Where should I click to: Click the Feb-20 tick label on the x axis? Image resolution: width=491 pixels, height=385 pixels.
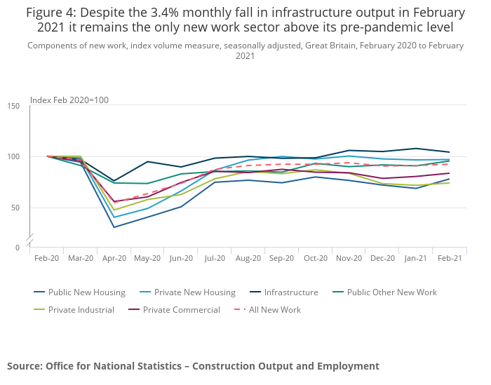(47, 258)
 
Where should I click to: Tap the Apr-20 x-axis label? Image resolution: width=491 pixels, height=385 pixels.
(114, 258)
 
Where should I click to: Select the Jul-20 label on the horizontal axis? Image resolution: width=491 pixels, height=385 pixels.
(215, 258)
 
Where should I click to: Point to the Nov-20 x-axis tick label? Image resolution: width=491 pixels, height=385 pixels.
(349, 258)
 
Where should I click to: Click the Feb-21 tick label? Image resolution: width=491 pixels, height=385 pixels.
(449, 258)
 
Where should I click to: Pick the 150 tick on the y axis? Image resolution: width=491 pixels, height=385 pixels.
(14, 106)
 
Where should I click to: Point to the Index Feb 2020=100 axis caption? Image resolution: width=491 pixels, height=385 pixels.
(69, 100)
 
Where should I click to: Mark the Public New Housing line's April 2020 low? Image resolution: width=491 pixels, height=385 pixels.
(114, 227)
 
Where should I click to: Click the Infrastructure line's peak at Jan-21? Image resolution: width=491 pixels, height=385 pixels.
(416, 149)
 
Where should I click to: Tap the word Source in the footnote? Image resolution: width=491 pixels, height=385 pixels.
(24, 366)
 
